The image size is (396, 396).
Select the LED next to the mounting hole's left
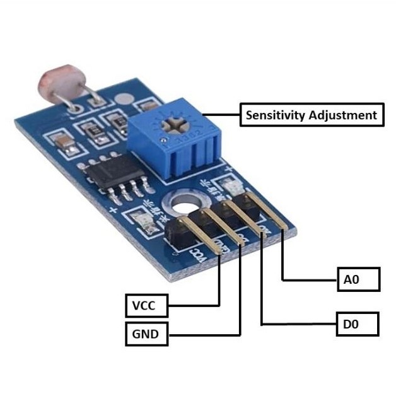point(146,221)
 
